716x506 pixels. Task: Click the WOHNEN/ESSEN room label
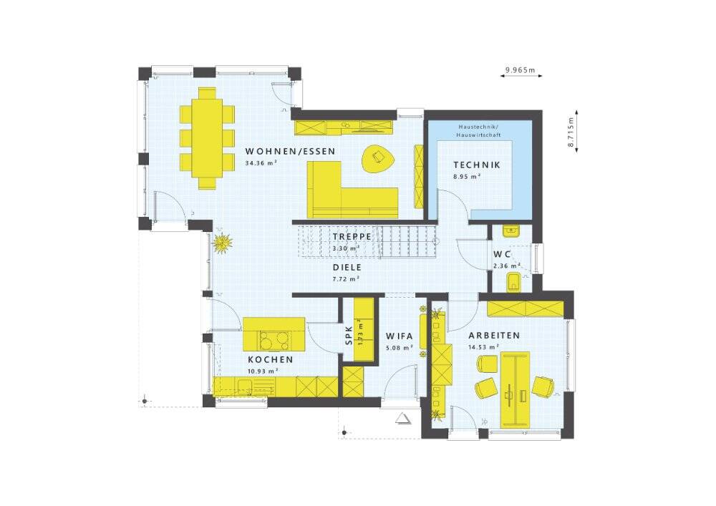point(290,152)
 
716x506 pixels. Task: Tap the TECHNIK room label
point(477,165)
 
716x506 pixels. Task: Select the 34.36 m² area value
point(261,163)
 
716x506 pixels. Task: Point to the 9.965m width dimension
point(520,70)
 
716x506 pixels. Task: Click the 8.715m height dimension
point(571,132)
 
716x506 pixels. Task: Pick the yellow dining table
point(207,138)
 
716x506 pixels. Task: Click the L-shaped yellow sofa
point(352,190)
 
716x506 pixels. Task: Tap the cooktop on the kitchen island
point(274,340)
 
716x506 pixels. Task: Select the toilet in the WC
point(514,282)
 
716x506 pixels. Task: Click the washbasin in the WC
point(511,231)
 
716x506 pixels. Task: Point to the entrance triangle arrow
point(403,418)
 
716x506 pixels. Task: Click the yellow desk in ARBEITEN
point(515,389)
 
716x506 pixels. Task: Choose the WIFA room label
point(399,336)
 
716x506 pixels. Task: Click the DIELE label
point(347,268)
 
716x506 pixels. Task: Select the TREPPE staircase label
point(352,237)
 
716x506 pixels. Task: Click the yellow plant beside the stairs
point(223,243)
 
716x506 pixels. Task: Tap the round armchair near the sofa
point(379,158)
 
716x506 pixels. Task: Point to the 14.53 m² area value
point(483,347)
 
